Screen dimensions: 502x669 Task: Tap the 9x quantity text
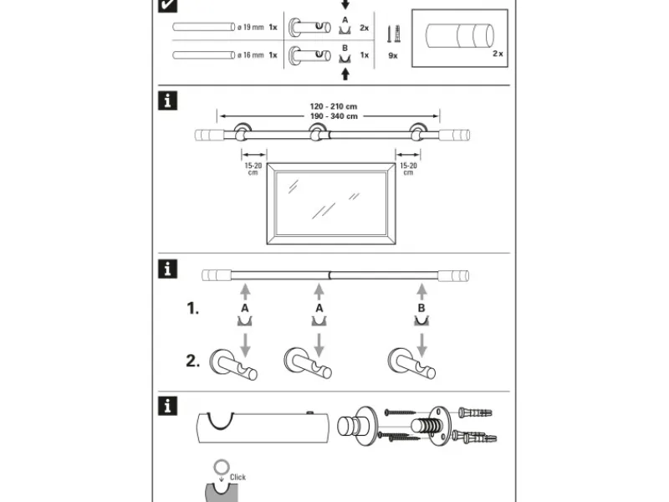pos(393,56)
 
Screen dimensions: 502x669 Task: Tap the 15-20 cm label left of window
pos(253,170)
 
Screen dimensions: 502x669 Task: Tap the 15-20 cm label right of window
pos(408,170)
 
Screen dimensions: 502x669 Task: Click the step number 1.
pos(192,309)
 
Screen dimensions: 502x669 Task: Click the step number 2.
pos(192,361)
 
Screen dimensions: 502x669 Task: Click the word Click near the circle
pos(237,478)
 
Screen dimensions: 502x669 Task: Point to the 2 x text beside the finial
pos(498,53)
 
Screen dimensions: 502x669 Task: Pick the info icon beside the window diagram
pos(168,102)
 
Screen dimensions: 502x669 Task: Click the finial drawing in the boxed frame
pos(459,38)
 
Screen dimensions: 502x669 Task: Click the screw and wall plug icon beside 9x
pos(390,34)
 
